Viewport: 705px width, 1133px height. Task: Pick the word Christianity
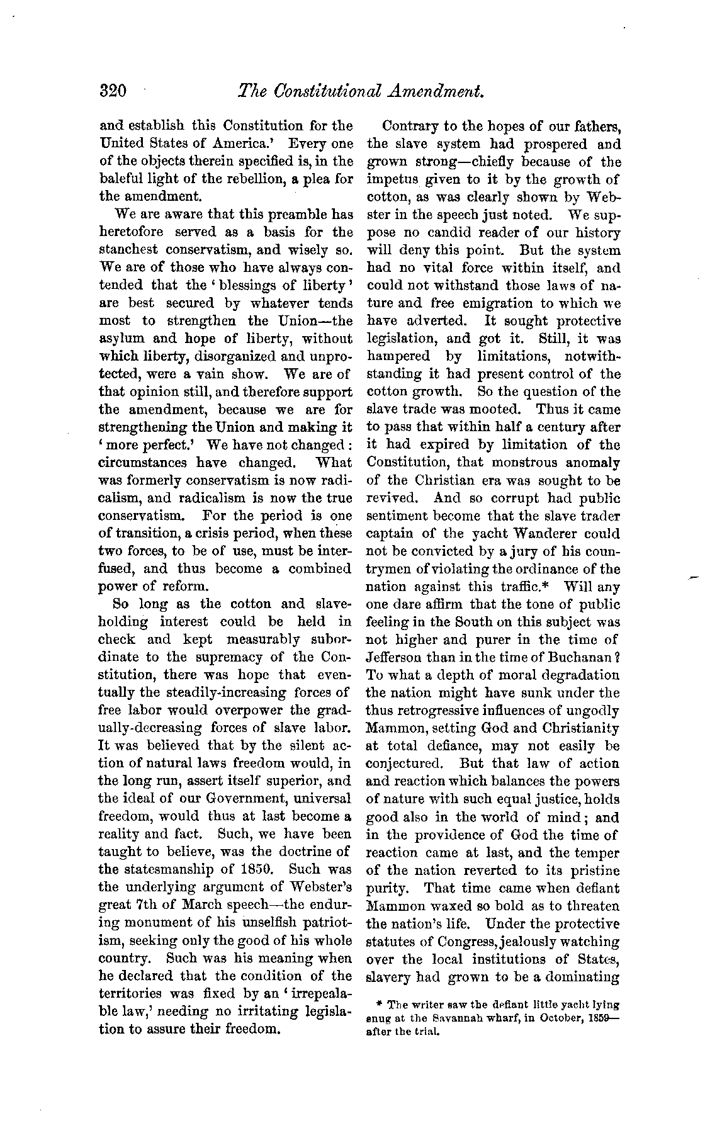pos(578,728)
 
